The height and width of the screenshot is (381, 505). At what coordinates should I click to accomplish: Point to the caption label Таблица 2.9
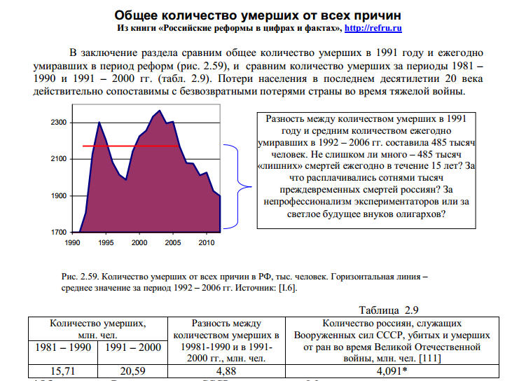(x=388, y=310)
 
